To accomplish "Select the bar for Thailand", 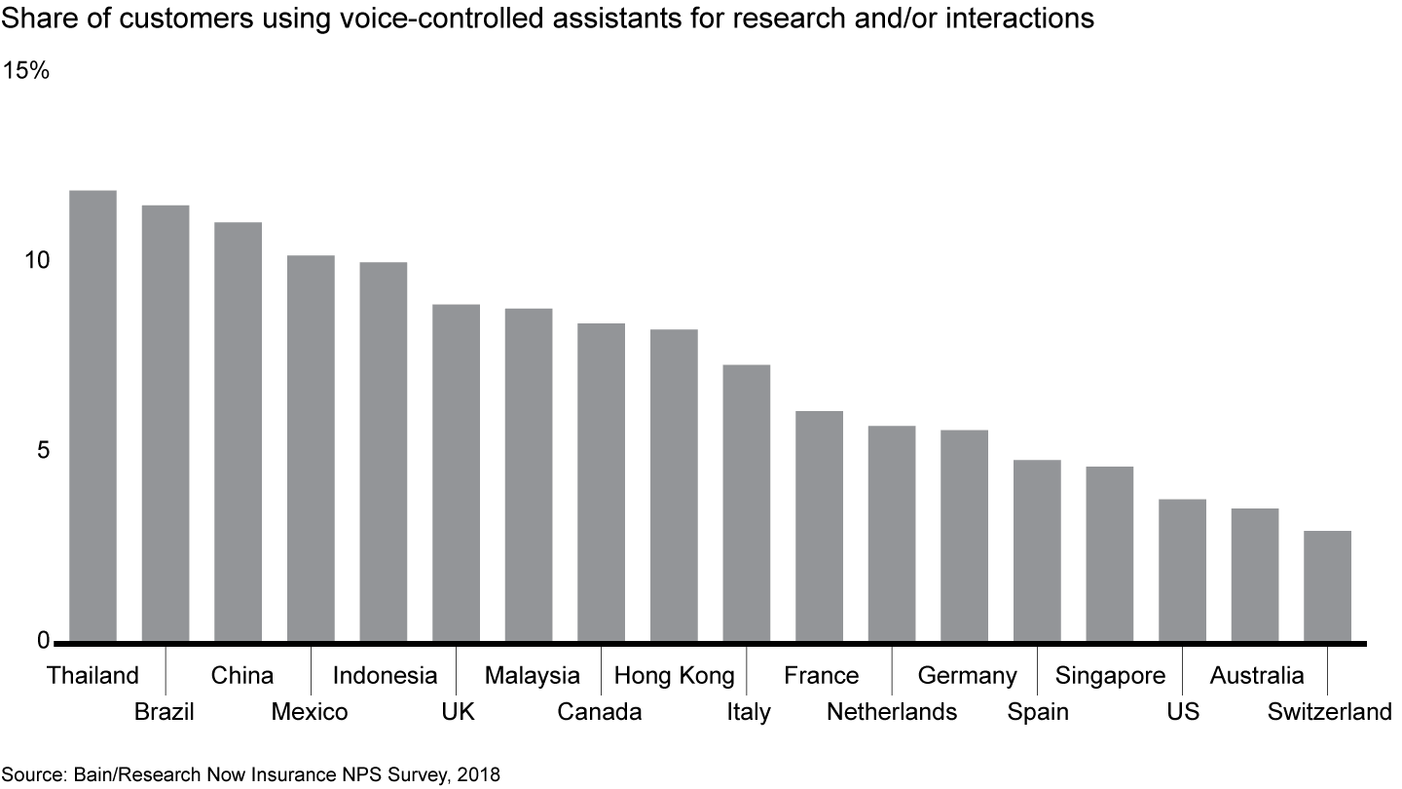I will coord(92,416).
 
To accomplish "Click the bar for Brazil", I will coord(166,424).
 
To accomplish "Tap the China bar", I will coord(238,432).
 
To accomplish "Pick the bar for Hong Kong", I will coord(674,486).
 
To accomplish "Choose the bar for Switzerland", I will coord(1327,586).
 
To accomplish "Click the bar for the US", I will coord(1182,571).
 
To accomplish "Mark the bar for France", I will coord(819,527).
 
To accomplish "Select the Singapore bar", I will coord(1109,554).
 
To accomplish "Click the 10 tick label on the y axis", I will coord(37,261).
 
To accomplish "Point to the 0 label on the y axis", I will coord(44,640).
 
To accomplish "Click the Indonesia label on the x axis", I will coord(385,676).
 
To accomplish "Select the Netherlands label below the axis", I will coord(891,712).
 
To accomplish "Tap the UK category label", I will coord(457,712).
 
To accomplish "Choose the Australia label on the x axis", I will coord(1256,676).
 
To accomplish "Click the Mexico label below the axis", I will coord(309,712).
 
